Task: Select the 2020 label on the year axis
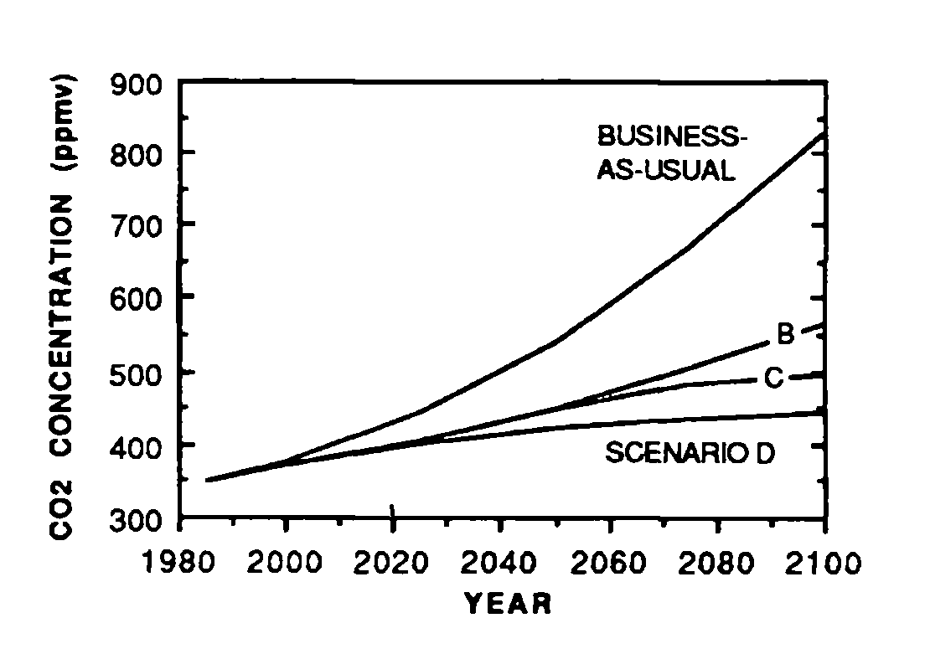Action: tap(391, 562)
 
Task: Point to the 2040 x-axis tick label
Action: tap(499, 562)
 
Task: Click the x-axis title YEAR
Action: tap(508, 603)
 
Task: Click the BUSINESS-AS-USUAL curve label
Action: tap(666, 152)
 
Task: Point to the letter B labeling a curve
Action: tap(784, 335)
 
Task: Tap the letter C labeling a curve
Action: tap(772, 379)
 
